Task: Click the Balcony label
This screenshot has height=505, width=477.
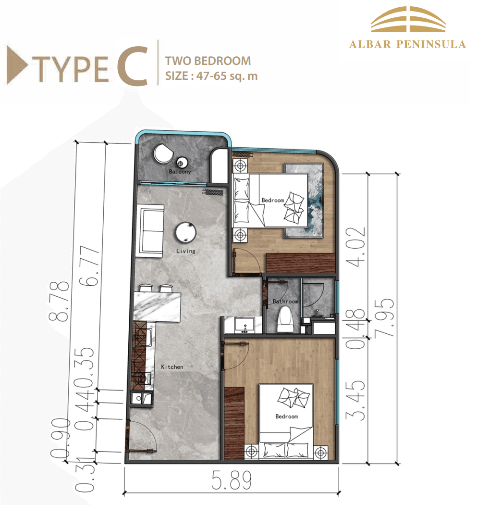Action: coord(180,172)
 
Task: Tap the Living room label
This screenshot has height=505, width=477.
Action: coord(185,251)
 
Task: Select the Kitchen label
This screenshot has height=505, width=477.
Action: coord(172,367)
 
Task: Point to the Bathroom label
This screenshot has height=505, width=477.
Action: coord(285,302)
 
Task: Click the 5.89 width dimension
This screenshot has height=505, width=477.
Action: coord(232,480)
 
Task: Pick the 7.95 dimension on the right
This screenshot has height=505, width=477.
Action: coord(384,317)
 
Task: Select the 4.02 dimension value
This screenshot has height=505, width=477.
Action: coord(355,247)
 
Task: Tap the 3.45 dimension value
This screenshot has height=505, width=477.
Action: coord(355,400)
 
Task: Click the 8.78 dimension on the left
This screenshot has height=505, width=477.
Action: coord(59,302)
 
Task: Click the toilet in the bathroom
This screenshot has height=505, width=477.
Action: coord(285,319)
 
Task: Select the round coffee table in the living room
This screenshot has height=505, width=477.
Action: coord(185,232)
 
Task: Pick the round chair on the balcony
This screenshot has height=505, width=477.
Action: coord(163,154)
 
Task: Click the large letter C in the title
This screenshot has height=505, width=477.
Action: coord(133,66)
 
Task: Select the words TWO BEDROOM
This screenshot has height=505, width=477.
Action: coord(208,61)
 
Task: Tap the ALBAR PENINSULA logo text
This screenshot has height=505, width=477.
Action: coord(407,44)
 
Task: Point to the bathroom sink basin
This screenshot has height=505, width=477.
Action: coord(245,325)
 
